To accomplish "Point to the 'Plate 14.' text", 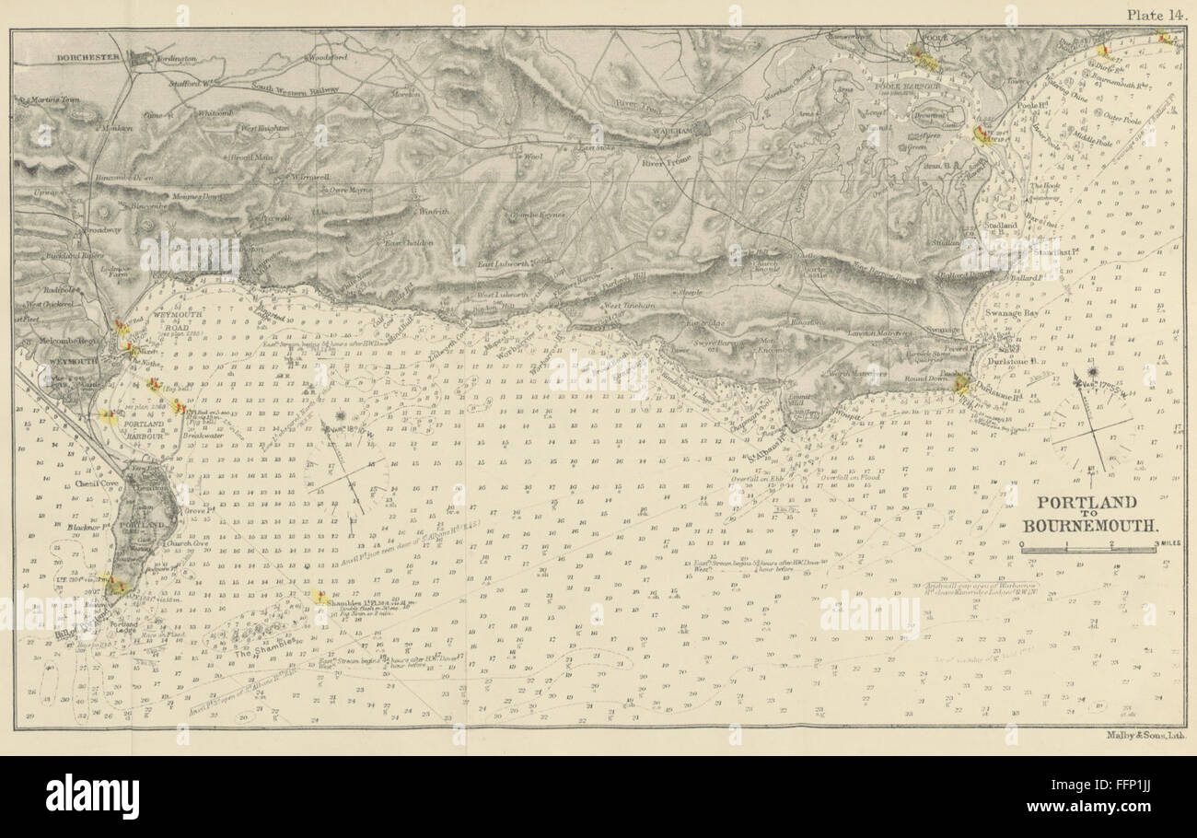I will [x=1157, y=14].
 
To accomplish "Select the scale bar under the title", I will [x=1088, y=550].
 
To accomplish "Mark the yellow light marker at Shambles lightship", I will [x=320, y=597].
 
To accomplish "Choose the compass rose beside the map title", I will [x=1091, y=423].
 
